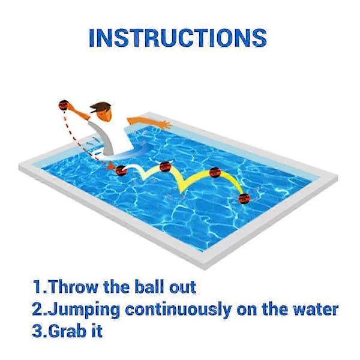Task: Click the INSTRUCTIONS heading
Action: pos(178,38)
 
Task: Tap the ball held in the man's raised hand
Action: pos(64,105)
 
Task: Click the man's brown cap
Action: pos(100,107)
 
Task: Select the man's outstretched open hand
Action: pos(166,125)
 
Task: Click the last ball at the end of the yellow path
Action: pos(244,199)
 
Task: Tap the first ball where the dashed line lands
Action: pos(121,170)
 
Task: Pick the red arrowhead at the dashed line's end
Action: pos(110,166)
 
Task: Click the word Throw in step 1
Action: pos(73,287)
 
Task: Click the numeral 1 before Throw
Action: pos(37,287)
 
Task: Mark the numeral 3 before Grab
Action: pos(37,331)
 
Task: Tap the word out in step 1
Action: pos(183,287)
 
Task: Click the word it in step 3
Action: pos(97,331)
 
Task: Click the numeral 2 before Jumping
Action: pos(37,309)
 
